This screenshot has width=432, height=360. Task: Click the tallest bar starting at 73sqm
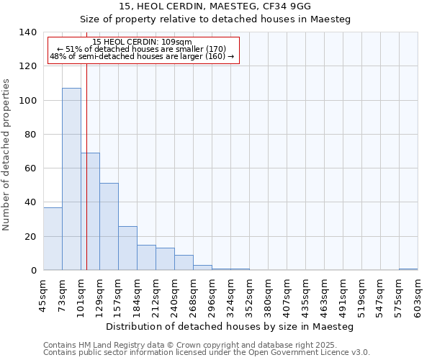coord(71,179)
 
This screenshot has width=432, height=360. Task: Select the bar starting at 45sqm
coord(53,239)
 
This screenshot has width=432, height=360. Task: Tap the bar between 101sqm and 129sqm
coord(90,212)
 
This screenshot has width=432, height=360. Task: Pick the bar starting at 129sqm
coord(109,227)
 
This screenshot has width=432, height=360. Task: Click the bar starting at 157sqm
coord(127,248)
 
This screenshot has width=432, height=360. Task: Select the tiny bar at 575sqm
coord(408,269)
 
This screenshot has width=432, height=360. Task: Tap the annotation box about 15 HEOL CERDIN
coord(143,50)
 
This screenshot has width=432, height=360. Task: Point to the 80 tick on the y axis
coord(30,135)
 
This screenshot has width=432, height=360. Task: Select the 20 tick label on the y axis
coord(30,237)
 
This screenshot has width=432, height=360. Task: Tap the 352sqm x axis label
coord(249,296)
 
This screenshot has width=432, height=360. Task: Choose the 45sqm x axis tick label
coord(43,296)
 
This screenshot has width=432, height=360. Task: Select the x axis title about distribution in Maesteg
coord(230,326)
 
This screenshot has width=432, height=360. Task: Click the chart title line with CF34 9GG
coord(215,6)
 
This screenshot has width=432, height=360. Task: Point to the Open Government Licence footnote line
coord(207,353)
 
